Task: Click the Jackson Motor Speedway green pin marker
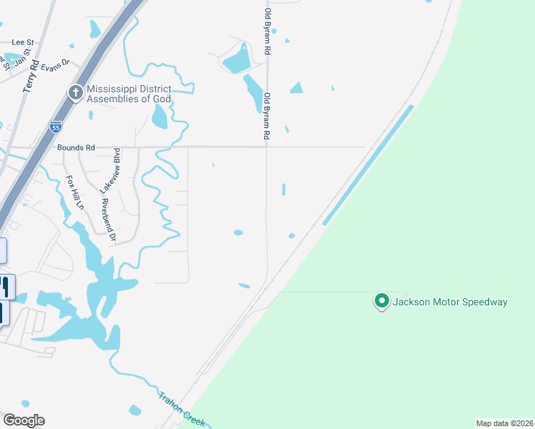point(381,302)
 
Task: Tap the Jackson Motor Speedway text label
point(450,302)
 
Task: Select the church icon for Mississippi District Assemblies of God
point(76,92)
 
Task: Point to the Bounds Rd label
point(76,148)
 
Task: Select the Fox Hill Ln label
point(75,193)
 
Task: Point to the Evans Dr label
point(54,65)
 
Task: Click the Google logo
point(24,420)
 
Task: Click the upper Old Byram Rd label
point(268,32)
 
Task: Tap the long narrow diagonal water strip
point(368,165)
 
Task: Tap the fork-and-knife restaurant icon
point(4,287)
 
